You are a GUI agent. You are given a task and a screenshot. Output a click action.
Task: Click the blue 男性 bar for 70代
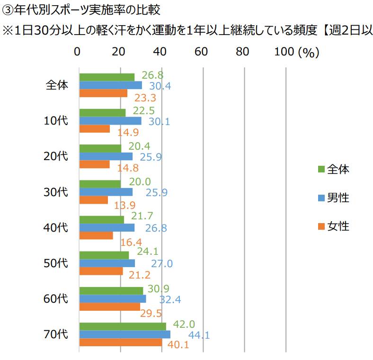(125, 334)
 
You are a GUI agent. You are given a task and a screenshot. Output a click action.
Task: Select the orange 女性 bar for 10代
(95, 129)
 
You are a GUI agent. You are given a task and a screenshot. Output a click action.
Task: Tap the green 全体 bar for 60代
(111, 291)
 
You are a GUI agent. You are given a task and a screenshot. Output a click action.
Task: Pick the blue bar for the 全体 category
(111, 85)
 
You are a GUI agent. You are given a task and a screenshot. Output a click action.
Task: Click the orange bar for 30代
(94, 200)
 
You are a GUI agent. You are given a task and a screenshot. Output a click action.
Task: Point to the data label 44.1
(199, 335)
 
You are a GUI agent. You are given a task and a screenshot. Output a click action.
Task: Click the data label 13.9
(125, 205)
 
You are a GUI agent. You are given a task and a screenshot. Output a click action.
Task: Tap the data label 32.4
(169, 299)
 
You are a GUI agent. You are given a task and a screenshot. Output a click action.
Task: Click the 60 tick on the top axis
(202, 52)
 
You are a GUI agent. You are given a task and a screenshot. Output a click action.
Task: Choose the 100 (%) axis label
(297, 52)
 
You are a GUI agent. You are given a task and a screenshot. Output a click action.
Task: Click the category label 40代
(56, 227)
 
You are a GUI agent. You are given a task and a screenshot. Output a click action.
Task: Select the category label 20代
(56, 156)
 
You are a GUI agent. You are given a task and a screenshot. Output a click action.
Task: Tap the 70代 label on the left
(56, 334)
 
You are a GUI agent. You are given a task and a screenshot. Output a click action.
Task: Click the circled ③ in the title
(7, 9)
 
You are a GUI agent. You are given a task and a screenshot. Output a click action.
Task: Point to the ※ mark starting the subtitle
(8, 29)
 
